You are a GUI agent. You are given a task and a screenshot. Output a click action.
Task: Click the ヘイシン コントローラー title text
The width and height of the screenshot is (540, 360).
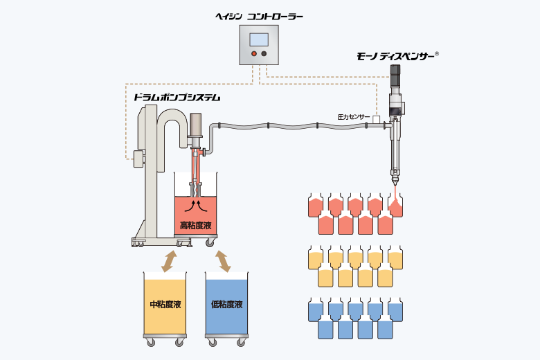(259, 17)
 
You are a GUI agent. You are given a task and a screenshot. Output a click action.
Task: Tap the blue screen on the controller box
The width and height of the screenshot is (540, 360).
(259, 39)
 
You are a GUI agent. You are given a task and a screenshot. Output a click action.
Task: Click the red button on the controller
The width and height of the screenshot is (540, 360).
(254, 54)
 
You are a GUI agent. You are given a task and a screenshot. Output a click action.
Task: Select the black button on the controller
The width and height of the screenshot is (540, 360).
(264, 54)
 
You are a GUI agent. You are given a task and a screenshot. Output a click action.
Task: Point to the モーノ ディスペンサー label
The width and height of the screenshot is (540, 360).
(395, 57)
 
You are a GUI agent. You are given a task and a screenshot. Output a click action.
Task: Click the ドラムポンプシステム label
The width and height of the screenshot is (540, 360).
(177, 98)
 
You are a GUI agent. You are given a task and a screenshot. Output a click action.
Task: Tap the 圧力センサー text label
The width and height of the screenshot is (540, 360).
(353, 117)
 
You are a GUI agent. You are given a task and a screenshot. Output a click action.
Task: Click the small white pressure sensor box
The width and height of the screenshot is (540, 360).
(376, 119)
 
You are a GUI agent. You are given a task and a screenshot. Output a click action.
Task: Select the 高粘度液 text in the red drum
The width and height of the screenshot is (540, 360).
(196, 226)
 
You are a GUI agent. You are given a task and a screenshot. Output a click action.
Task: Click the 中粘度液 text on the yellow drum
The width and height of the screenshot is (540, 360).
(165, 305)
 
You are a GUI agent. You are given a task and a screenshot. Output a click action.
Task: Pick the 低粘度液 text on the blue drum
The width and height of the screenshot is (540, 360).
(227, 305)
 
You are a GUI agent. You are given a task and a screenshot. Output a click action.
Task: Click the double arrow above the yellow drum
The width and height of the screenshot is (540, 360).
(169, 262)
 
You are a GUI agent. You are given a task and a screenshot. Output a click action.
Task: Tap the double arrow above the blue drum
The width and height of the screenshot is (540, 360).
(223, 262)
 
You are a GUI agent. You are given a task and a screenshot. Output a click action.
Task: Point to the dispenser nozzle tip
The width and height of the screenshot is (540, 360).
(395, 184)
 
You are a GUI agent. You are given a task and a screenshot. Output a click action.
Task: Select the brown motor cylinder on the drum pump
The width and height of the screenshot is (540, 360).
(196, 125)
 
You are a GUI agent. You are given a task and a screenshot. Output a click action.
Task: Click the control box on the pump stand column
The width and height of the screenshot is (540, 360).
(138, 159)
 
